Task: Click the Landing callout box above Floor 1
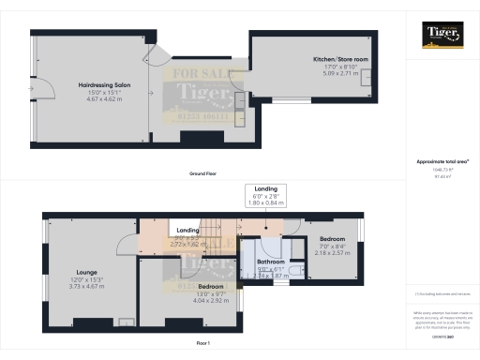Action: [265, 194]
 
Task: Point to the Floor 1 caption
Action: [203, 344]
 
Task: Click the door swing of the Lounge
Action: [124, 245]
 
